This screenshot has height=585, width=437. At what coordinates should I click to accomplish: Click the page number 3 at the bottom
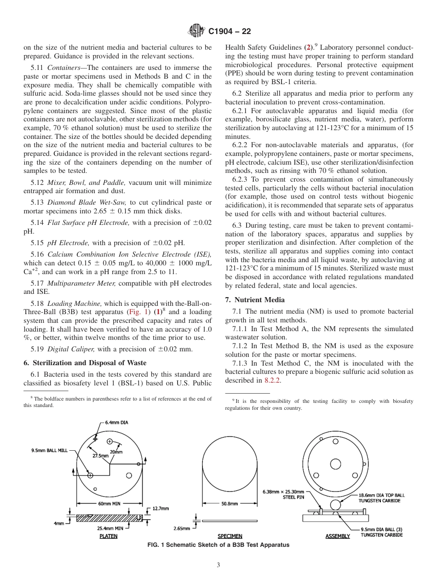click(218, 565)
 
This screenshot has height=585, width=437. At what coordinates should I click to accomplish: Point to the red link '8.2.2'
click(272, 380)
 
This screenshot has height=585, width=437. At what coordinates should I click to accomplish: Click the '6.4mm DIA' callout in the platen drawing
click(116, 422)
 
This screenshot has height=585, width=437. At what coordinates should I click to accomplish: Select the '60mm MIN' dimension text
click(109, 504)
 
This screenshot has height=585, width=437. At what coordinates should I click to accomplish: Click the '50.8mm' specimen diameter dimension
click(230, 504)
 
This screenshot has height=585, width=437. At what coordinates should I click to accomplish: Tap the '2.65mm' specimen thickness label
click(181, 528)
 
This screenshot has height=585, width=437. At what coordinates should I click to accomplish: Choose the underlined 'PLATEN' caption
click(109, 536)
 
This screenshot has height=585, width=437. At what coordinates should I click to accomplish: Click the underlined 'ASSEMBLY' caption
click(338, 536)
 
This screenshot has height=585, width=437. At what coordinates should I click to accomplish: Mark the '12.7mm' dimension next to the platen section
click(161, 509)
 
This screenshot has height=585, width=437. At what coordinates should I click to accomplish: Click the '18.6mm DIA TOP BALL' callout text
click(381, 495)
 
